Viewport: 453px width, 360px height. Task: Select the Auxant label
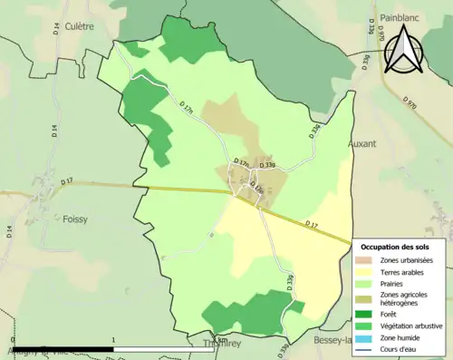click(x=361, y=143)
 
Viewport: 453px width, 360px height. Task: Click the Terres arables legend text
click(x=404, y=272)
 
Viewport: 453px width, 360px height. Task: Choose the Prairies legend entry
click(x=395, y=284)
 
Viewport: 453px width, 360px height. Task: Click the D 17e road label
click(x=256, y=188)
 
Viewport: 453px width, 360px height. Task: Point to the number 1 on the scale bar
click(x=112, y=337)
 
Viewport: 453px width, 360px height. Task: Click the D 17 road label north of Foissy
click(x=67, y=182)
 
